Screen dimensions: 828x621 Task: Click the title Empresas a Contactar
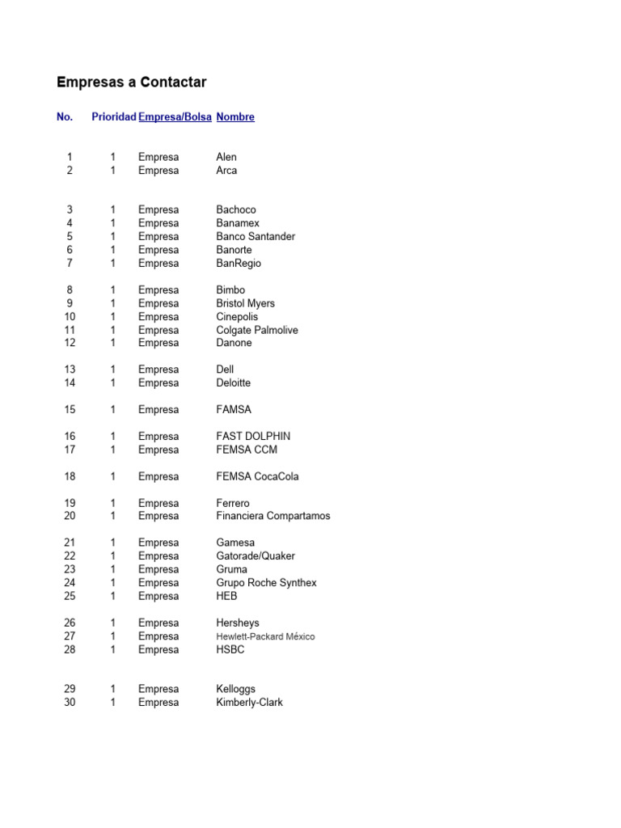pos(132,82)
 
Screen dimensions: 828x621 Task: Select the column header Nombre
pos(235,117)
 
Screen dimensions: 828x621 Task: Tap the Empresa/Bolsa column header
pos(175,117)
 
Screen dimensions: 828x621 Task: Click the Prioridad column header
pos(113,117)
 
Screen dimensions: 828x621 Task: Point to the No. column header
pos(65,117)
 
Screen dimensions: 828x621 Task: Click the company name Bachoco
pos(236,209)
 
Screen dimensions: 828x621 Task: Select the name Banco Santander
pos(256,236)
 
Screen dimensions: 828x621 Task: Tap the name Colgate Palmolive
pos(257,330)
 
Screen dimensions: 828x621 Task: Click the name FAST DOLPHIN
pos(253,436)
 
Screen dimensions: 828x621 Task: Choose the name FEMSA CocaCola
pos(257,476)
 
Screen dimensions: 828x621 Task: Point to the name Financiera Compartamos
pos(273,516)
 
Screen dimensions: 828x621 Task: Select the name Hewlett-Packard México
pos(265,636)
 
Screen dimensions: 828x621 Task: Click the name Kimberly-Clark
pos(250,703)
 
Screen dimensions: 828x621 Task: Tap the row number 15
pos(70,410)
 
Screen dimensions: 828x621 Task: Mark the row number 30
pos(70,703)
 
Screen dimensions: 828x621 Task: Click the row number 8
pos(70,289)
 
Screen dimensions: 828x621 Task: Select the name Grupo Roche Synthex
pos(266,582)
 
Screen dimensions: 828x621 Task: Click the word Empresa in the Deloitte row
pos(158,382)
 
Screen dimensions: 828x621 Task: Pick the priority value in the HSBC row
pos(113,649)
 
